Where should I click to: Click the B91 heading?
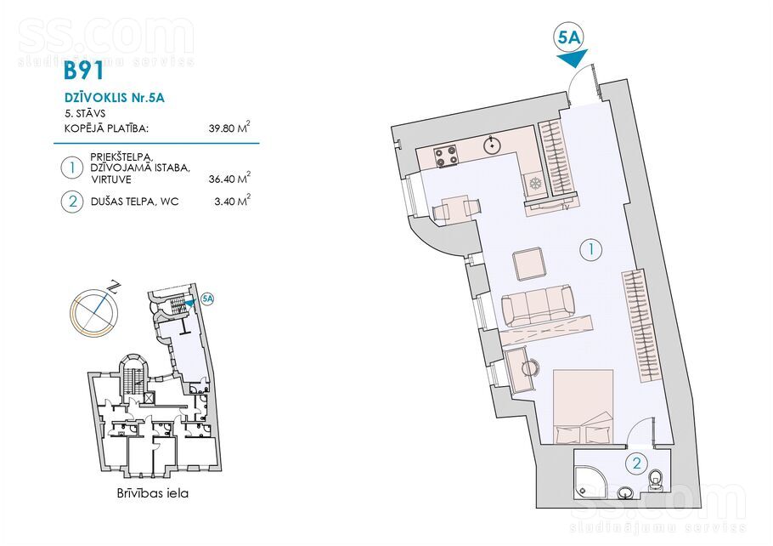[84, 71]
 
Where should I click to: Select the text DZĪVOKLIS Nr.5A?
[115, 98]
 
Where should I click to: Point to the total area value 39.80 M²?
[229, 128]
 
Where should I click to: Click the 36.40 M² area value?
[229, 178]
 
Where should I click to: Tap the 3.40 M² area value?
[232, 201]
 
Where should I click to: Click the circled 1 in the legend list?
[72, 168]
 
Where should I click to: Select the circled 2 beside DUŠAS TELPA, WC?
[72, 202]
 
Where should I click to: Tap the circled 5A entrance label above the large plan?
[568, 38]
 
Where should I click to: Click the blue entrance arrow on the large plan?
[573, 60]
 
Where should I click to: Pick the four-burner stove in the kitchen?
[446, 157]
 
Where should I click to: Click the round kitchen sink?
[493, 145]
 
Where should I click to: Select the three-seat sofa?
[538, 305]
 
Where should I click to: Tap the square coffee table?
[529, 264]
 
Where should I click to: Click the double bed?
[584, 407]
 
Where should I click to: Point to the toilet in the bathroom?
[656, 480]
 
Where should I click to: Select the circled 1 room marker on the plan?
[591, 250]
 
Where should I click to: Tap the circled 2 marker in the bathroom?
[637, 464]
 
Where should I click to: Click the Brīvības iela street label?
[153, 492]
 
